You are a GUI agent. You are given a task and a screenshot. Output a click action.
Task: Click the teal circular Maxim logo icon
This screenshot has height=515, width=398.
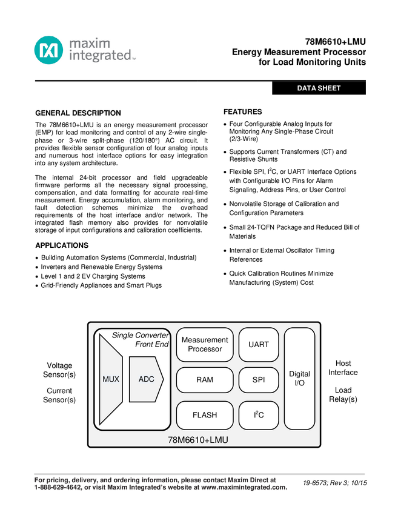tap(48, 50)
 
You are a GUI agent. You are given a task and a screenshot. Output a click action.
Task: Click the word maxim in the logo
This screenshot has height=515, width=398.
tap(90, 44)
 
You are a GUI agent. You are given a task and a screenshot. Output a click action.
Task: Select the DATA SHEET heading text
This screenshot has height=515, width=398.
tap(319, 88)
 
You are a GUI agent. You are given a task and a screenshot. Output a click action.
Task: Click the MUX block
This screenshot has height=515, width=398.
tap(111, 379)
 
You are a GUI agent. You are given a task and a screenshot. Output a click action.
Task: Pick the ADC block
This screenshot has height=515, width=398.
tap(146, 379)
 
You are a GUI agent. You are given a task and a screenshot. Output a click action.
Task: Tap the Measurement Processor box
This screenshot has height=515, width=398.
tap(205, 345)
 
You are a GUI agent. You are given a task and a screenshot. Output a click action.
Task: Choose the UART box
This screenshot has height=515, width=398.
tap(259, 345)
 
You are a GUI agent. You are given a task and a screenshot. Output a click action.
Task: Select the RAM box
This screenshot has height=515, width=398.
tap(205, 380)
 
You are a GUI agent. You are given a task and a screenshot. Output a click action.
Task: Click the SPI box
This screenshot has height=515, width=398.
tap(259, 380)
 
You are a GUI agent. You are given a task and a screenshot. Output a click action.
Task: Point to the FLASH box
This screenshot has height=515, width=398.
tap(205, 415)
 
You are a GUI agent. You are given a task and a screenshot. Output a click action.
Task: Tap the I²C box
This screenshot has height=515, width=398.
tap(259, 415)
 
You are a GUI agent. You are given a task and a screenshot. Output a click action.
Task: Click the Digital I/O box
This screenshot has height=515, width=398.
tap(299, 379)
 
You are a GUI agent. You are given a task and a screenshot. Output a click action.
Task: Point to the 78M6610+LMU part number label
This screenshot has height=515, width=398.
tap(198, 440)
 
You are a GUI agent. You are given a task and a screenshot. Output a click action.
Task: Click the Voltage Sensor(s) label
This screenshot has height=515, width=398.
tap(59, 370)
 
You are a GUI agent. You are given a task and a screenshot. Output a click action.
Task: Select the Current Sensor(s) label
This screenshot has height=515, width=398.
tap(59, 396)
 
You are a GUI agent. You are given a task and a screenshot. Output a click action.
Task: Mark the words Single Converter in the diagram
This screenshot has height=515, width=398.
tap(141, 336)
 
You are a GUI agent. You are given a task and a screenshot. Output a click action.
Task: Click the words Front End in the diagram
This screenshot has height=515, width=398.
tap(152, 344)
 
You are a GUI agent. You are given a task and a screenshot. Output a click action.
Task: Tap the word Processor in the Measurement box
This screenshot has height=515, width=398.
tap(205, 349)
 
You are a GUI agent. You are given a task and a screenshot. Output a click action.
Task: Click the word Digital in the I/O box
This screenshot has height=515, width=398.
tap(299, 374)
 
